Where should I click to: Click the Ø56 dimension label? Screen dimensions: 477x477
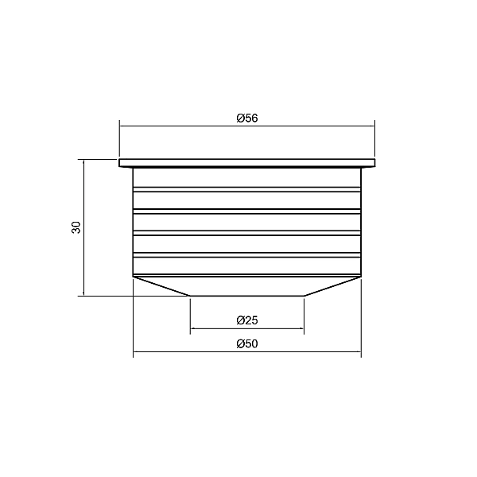247,118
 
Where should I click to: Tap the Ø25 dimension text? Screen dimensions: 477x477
247,320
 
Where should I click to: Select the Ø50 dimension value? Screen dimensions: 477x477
247,343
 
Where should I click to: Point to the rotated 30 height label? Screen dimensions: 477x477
76,227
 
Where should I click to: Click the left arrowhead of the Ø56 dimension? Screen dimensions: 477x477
122,126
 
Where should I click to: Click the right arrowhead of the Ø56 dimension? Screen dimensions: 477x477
372,126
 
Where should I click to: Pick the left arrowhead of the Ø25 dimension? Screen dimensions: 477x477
192,328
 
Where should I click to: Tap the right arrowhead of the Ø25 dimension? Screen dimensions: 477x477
301,328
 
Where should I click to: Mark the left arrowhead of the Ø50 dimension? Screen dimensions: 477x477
136,352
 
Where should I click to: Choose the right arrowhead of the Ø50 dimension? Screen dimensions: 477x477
359,352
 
